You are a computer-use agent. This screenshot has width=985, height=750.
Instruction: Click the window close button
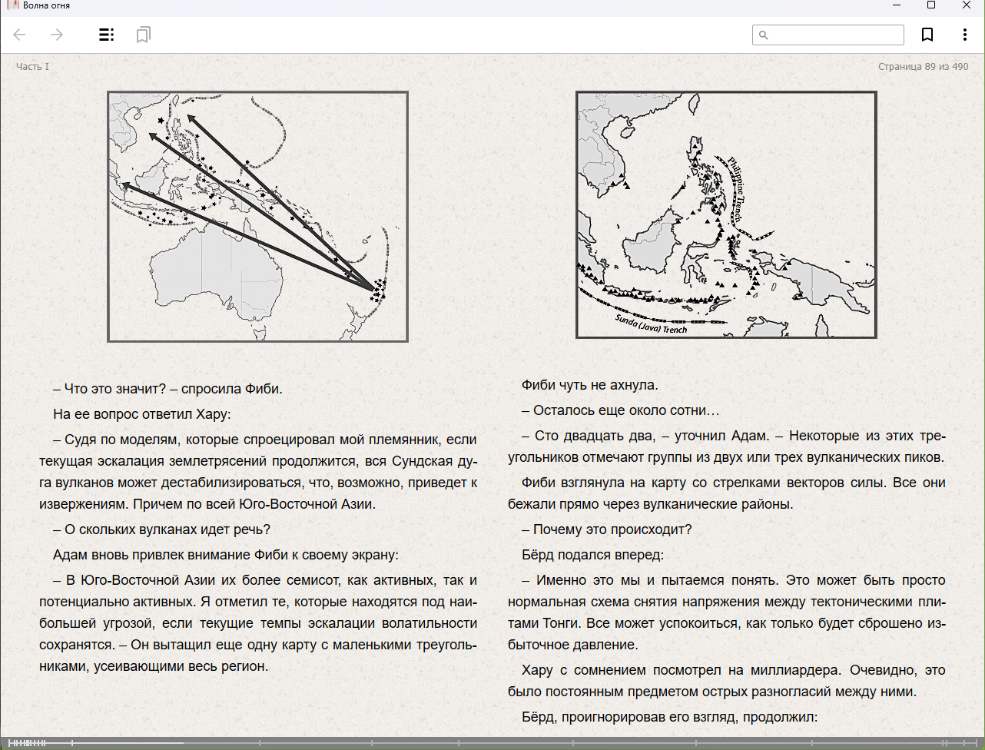click(x=967, y=5)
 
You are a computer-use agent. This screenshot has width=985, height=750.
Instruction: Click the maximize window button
click(x=931, y=5)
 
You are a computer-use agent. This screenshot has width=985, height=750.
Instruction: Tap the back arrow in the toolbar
click(x=20, y=35)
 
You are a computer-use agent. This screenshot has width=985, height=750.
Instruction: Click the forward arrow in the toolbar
click(x=56, y=35)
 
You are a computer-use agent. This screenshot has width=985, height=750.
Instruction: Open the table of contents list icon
click(x=107, y=35)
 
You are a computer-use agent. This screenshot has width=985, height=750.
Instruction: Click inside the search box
click(x=834, y=35)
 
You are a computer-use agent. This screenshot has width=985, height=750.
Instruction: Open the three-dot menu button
click(x=964, y=35)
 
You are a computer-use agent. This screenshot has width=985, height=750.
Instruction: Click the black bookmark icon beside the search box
click(x=927, y=35)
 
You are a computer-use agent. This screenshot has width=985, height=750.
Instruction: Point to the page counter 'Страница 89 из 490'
click(x=923, y=67)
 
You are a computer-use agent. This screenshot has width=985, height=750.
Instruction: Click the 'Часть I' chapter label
click(x=32, y=67)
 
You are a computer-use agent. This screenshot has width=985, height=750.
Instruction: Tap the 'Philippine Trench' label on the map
click(x=736, y=188)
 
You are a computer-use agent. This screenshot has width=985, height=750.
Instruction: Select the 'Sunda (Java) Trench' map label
click(x=651, y=324)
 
